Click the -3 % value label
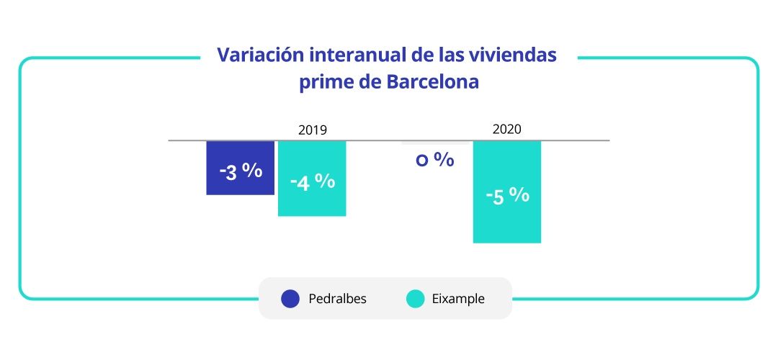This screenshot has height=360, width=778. (241, 171)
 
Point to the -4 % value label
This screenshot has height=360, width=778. (312, 182)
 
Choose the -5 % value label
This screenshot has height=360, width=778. (507, 196)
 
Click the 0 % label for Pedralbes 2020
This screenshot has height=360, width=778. (435, 160)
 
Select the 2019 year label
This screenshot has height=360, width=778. (313, 130)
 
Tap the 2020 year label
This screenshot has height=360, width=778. (507, 130)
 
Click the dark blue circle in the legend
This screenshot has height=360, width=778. (290, 299)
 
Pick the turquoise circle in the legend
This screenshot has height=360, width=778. (416, 299)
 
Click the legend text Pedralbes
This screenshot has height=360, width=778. (337, 299)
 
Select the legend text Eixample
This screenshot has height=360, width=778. (459, 299)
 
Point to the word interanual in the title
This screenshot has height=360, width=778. (348, 55)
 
